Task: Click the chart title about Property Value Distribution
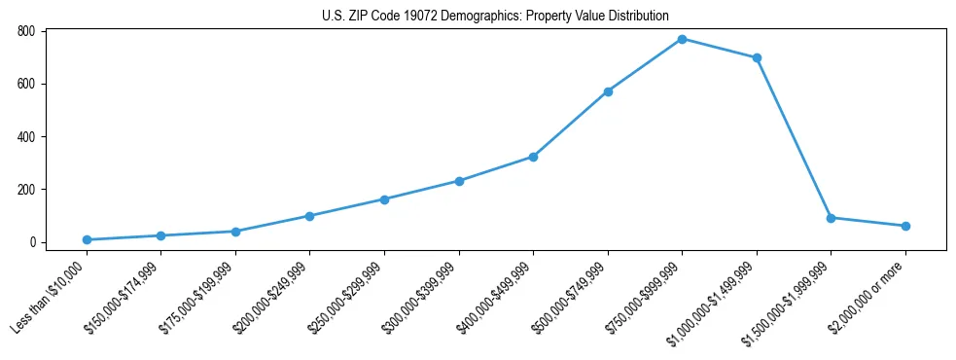(x=495, y=16)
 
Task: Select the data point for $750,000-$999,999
(x=682, y=39)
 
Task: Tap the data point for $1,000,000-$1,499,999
(x=757, y=57)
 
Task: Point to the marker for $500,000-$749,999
(x=608, y=91)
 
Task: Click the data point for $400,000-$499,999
(x=533, y=157)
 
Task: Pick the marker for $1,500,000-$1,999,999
(x=831, y=218)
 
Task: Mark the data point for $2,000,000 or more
(x=905, y=226)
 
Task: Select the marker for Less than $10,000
(x=87, y=239)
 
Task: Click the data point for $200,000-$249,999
(x=309, y=216)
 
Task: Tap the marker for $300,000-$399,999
(x=459, y=181)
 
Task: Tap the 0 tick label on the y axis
(x=32, y=242)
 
